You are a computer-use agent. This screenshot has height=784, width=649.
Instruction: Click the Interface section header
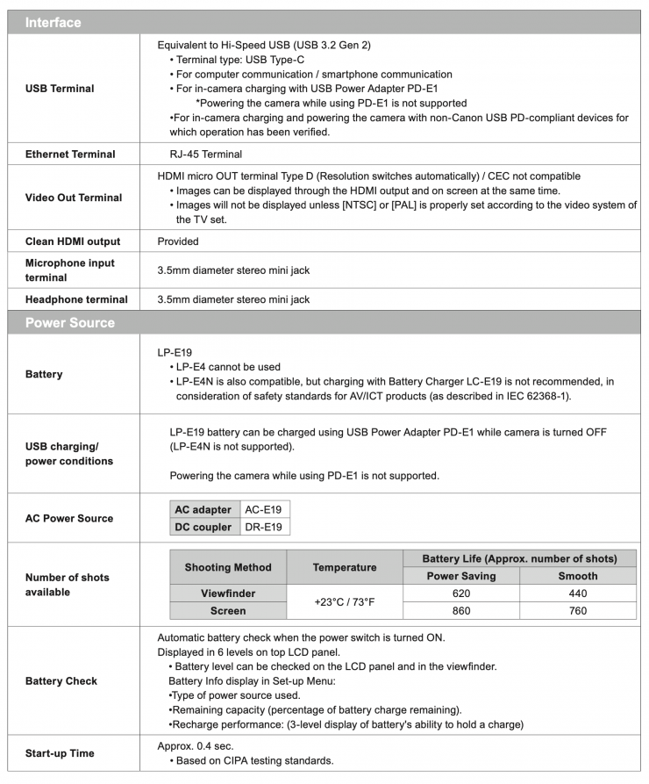53,22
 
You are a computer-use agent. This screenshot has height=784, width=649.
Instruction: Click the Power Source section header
69,322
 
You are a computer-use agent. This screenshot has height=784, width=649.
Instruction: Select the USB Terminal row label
60,88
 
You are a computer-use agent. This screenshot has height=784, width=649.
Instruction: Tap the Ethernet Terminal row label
70,154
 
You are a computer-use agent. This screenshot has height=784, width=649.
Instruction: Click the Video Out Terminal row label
73,198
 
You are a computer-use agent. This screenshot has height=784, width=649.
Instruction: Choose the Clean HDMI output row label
73,241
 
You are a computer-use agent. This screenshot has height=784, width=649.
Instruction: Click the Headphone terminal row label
76,299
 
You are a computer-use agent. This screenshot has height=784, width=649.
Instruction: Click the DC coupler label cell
203,527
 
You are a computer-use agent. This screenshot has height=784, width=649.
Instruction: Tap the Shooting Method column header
228,567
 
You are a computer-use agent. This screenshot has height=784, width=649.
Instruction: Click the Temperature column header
345,567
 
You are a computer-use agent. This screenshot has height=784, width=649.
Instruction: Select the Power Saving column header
460,576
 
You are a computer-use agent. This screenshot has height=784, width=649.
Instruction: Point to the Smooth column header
577,576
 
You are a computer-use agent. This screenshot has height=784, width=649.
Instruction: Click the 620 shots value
460,593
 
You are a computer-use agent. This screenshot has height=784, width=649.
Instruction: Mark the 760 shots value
577,611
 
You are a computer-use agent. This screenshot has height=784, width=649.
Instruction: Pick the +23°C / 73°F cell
345,602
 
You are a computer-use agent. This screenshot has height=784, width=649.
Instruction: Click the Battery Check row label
61,680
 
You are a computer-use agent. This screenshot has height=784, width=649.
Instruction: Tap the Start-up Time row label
60,752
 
